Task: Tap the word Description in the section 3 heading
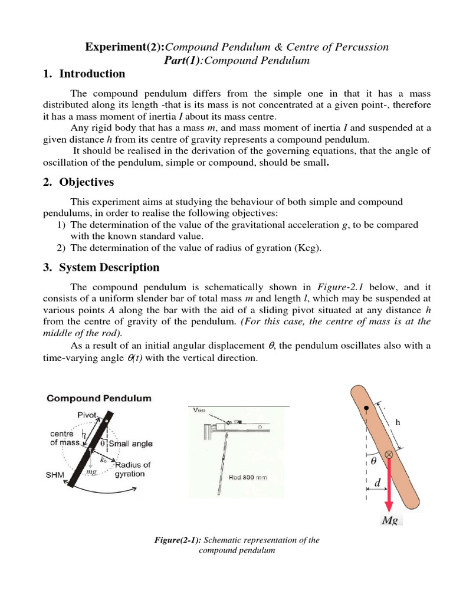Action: pos(129,267)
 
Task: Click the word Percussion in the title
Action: pos(360,47)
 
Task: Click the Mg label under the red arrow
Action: pos(389,520)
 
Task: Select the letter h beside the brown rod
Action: pos(398,422)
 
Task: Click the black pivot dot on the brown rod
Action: pos(366,408)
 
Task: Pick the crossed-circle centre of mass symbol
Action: pos(389,454)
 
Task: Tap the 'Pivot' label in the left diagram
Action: pos(88,415)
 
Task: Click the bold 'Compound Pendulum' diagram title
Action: pos(99,398)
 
